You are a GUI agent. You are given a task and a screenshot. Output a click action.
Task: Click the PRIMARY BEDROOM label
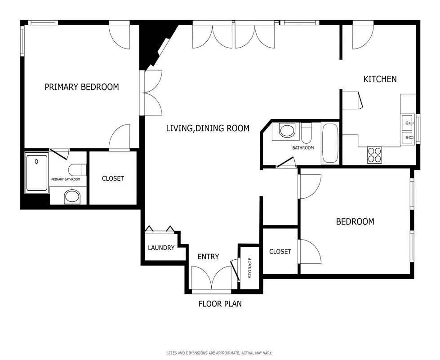[x=82, y=87]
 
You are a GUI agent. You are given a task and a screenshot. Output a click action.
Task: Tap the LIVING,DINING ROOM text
[x=208, y=128]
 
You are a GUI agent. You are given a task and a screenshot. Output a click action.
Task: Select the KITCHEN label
[x=380, y=79]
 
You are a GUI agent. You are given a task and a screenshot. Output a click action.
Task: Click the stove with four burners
[x=374, y=155]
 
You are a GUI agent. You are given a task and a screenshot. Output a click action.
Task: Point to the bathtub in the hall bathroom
[x=330, y=144]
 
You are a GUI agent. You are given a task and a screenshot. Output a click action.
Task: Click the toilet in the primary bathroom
[x=77, y=170]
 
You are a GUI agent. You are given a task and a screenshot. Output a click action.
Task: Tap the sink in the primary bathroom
[x=72, y=196]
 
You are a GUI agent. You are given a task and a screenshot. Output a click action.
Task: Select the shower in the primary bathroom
[x=37, y=173]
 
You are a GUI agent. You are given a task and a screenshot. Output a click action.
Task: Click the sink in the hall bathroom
[x=286, y=131]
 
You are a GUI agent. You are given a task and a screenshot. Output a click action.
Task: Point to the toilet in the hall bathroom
[x=307, y=133]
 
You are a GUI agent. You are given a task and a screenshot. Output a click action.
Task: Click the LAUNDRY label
[x=161, y=248]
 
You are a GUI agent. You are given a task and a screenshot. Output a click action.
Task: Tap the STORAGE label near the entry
[x=250, y=268]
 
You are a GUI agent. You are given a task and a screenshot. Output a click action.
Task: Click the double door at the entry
[x=211, y=278]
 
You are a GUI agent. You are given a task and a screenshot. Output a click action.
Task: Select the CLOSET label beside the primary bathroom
[x=113, y=178]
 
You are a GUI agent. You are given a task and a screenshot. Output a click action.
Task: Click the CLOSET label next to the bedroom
[x=280, y=252]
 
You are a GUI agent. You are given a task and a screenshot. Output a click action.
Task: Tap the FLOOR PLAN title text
[x=220, y=304]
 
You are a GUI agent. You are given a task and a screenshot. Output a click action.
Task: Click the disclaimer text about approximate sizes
[x=219, y=353]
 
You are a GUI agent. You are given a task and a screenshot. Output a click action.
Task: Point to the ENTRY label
[x=209, y=257]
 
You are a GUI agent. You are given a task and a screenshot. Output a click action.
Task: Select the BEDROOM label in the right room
[x=355, y=222]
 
